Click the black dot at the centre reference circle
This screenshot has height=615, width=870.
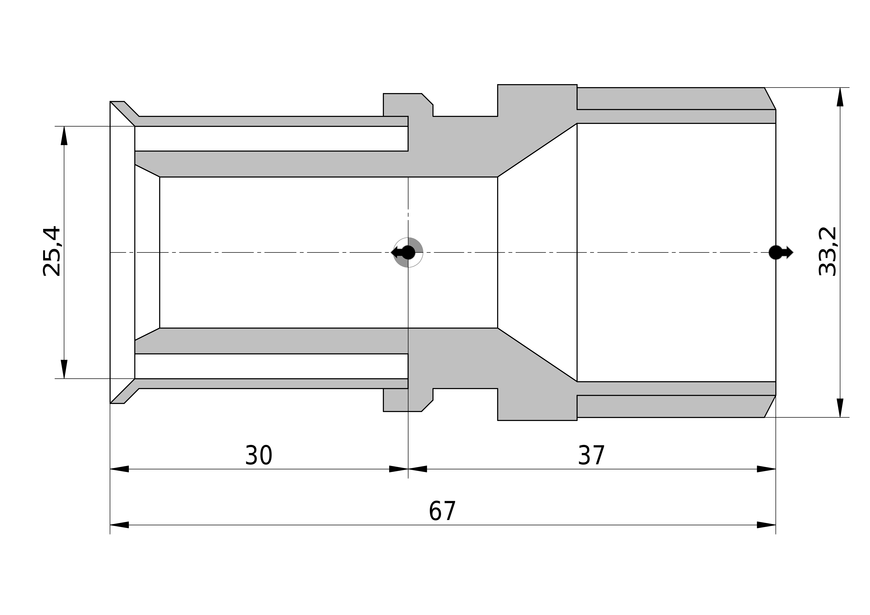(408, 252)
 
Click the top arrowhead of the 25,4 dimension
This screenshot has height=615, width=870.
(64, 136)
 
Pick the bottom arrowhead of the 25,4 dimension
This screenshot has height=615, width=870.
(64, 369)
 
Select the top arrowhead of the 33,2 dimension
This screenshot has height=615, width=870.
(840, 97)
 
